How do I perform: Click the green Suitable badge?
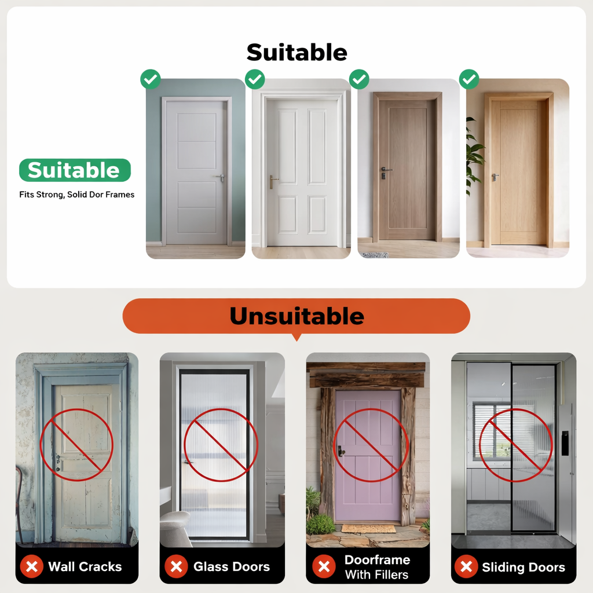pyautogui.click(x=75, y=170)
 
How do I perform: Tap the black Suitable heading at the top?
pyautogui.click(x=297, y=52)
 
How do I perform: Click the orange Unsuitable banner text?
pyautogui.click(x=297, y=316)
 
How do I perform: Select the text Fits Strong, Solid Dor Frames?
pyautogui.click(x=77, y=195)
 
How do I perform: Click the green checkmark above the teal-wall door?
pyautogui.click(x=151, y=79)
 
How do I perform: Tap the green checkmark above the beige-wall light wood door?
pyautogui.click(x=469, y=79)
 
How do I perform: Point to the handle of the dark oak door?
pyautogui.click(x=385, y=173)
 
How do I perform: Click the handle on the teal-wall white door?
pyautogui.click(x=221, y=177)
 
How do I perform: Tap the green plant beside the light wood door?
pyautogui.click(x=474, y=155)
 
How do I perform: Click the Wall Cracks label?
pyautogui.click(x=85, y=566)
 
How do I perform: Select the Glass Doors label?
pyautogui.click(x=232, y=566)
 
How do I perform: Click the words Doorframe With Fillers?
pyautogui.click(x=377, y=567)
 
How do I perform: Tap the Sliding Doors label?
pyautogui.click(x=524, y=567)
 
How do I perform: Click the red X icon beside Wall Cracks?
pyautogui.click(x=32, y=566)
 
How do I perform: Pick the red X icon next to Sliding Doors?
pyautogui.click(x=466, y=566)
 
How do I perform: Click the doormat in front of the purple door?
pyautogui.click(x=368, y=528)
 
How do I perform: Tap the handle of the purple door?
pyautogui.click(x=341, y=451)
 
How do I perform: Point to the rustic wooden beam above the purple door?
pyautogui.click(x=368, y=375)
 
